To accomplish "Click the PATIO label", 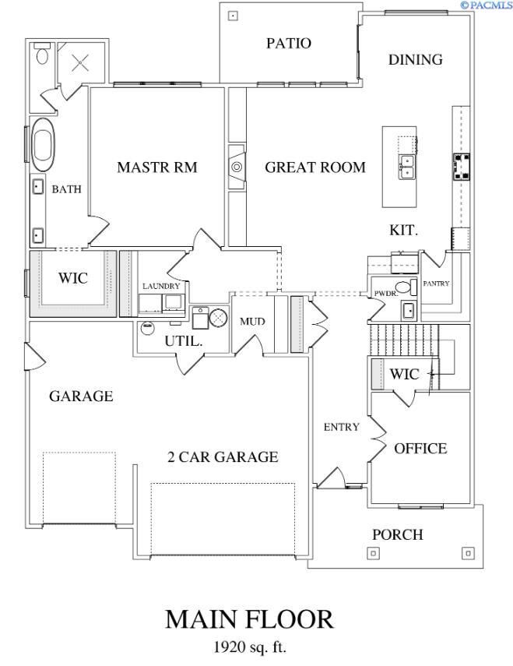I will (x=289, y=44).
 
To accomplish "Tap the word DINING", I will (x=415, y=60).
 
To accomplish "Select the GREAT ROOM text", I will (x=314, y=167).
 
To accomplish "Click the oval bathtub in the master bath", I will (x=42, y=145).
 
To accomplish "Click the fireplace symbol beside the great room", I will (x=236, y=167).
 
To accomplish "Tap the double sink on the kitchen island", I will (x=406, y=167).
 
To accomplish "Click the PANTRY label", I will (x=436, y=284).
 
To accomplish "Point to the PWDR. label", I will (x=386, y=294).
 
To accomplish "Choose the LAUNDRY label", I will (x=161, y=286).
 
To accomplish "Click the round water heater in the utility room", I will (x=219, y=316).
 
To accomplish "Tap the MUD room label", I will (x=252, y=321).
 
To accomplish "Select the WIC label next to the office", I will (x=404, y=374).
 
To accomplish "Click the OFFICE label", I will (x=420, y=449).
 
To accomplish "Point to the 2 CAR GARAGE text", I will (x=223, y=457).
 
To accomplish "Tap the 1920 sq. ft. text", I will (x=249, y=647).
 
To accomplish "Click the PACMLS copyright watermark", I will (x=486, y=5).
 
